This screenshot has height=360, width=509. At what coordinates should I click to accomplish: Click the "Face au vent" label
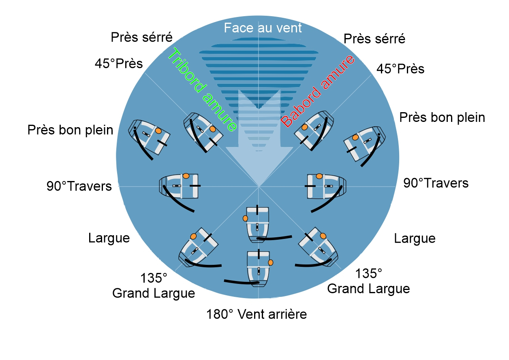point(263,28)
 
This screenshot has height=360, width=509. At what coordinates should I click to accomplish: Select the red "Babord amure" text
point(318,91)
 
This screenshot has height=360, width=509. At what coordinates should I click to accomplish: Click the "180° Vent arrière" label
point(257,314)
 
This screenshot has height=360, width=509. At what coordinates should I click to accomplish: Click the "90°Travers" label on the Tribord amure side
point(79,186)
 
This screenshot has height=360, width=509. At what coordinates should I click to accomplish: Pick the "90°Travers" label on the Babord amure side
point(436,183)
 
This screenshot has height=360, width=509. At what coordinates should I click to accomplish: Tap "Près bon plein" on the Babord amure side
point(442,118)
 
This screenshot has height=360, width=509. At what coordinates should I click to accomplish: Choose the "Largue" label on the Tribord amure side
point(109,238)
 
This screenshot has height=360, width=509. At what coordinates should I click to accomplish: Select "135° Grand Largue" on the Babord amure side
point(368,281)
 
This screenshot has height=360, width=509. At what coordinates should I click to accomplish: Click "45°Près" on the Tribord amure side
point(119,64)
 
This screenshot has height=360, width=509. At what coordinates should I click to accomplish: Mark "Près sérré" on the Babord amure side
point(374,39)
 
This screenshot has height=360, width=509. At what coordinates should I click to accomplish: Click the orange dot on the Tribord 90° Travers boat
point(186,176)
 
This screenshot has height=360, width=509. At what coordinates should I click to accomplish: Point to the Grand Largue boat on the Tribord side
point(198,249)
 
